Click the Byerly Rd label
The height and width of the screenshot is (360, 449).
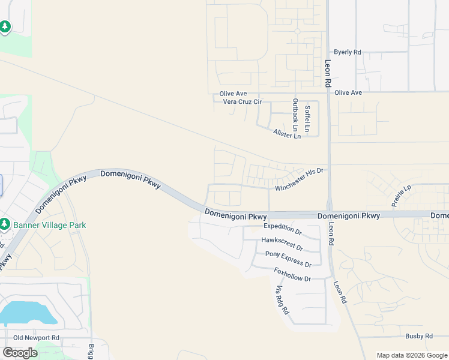(348, 52)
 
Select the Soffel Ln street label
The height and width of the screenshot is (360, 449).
(307, 118)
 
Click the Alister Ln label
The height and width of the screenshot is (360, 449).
(286, 134)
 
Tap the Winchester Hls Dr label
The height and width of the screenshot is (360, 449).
(299, 179)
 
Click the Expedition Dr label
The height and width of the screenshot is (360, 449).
(282, 229)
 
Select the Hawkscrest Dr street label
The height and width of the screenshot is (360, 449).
(282, 242)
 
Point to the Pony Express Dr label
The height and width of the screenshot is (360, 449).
(288, 260)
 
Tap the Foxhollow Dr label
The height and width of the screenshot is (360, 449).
(292, 275)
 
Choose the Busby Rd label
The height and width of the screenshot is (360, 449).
(419, 336)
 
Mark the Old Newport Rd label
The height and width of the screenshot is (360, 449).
(37, 338)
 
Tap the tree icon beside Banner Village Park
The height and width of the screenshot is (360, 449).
(5, 224)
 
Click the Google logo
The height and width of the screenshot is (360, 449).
(20, 352)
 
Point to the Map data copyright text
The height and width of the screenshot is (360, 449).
(412, 355)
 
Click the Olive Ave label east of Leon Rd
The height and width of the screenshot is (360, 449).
(348, 92)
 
